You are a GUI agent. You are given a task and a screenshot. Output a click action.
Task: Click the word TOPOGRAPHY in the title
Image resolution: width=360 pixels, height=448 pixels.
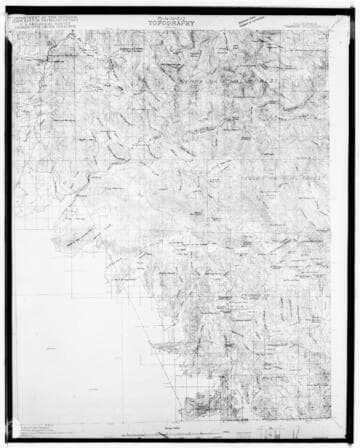181,19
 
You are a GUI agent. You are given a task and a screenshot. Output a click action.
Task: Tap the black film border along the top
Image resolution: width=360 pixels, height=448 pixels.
180,4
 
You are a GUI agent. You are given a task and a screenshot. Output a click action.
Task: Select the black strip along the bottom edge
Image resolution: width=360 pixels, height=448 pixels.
180,443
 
